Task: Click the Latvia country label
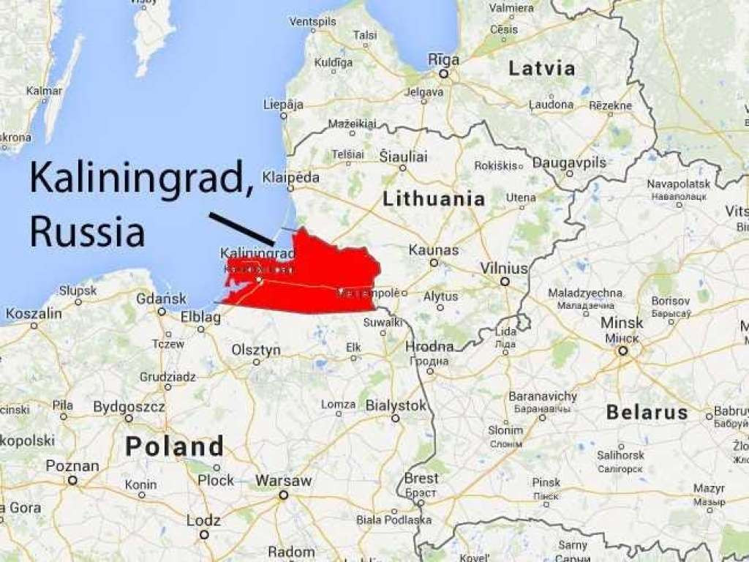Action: pos(541,69)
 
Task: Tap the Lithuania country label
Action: pos(434,198)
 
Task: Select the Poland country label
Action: pos(174,446)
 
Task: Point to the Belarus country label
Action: pos(647,412)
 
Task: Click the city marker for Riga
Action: pos(443,74)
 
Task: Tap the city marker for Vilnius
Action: pos(505,281)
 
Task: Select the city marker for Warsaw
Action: pos(283,495)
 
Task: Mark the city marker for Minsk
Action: pos(623,351)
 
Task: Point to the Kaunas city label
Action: pos(434,250)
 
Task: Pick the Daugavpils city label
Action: pos(570,162)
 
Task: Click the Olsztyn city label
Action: pos(256,351)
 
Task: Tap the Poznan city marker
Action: pos(72,480)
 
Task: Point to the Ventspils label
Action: pos(312,22)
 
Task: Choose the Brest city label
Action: pos(421,479)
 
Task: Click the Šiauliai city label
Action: pos(403,156)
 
